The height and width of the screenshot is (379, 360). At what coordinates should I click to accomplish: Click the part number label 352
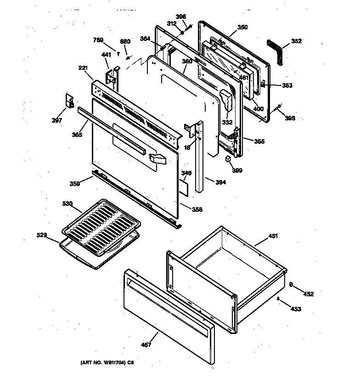pos(296,41)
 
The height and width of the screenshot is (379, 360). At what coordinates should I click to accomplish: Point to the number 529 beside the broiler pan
pos(42,235)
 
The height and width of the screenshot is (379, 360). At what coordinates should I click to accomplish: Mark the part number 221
pos(83,68)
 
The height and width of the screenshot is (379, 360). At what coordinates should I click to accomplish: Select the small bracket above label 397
pos(70,101)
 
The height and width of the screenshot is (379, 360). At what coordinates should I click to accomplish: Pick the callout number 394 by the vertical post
pos(220,182)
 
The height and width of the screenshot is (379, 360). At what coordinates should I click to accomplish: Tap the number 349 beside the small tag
pos(186,173)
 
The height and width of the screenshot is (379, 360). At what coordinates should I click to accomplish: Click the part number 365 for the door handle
pos(77,135)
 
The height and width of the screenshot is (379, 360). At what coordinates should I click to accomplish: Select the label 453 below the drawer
pos(296,309)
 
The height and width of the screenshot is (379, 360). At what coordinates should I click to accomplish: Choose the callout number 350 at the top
pos(242,27)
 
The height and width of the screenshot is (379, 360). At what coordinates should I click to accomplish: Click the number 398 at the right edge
pos(290,118)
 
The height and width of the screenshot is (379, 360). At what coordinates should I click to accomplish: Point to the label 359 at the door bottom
pos(74,183)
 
